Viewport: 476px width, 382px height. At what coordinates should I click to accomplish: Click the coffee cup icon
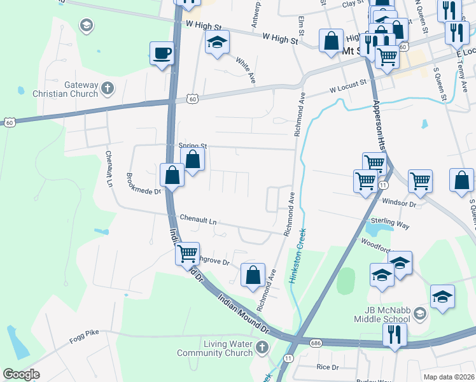[162, 53]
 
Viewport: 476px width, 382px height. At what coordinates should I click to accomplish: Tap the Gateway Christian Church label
[81, 89]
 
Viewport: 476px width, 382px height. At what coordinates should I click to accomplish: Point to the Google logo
[21, 374]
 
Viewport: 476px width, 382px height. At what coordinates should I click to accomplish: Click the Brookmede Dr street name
[145, 183]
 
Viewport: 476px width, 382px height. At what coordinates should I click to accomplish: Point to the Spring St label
[194, 145]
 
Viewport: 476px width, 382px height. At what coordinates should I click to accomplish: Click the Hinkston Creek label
[297, 255]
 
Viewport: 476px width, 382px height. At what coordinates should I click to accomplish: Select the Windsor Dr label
[399, 204]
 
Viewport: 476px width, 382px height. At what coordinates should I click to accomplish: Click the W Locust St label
[348, 82]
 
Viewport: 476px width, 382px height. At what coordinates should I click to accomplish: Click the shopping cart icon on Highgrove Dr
[187, 253]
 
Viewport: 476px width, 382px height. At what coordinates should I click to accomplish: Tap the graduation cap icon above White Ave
[217, 43]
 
